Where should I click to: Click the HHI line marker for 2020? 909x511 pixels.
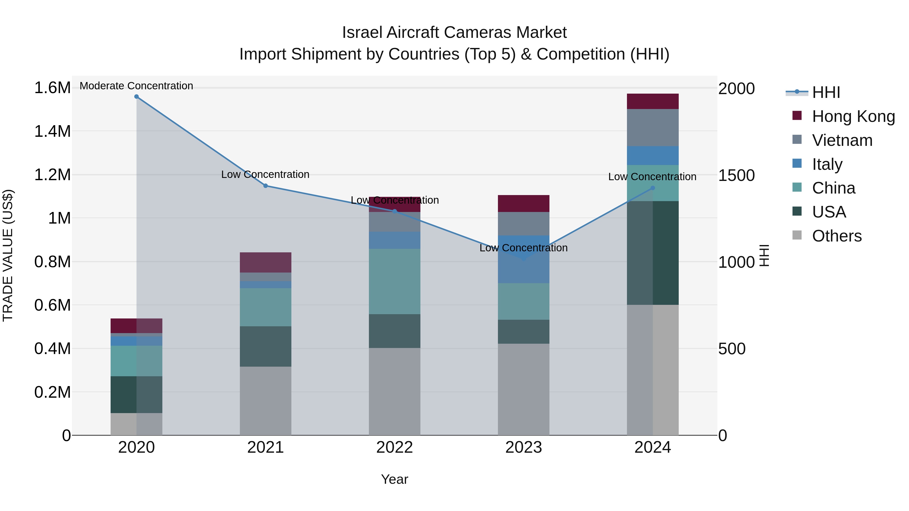137,97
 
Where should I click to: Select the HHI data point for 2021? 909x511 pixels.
266,186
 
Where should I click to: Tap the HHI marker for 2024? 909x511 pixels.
652,188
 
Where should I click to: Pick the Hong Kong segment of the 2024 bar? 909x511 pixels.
652,101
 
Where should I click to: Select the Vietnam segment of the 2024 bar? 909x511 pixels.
652,128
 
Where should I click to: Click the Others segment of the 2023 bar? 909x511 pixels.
523,389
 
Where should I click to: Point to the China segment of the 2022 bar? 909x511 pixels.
394,281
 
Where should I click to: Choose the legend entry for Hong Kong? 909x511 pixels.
853,116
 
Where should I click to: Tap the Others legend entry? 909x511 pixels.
836,236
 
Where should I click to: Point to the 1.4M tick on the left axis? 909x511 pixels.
52,131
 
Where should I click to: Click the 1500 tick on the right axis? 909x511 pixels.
737,175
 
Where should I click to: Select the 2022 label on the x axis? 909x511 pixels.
394,447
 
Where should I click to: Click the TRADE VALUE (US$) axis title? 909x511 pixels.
8,255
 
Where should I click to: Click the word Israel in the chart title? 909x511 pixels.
362,33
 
